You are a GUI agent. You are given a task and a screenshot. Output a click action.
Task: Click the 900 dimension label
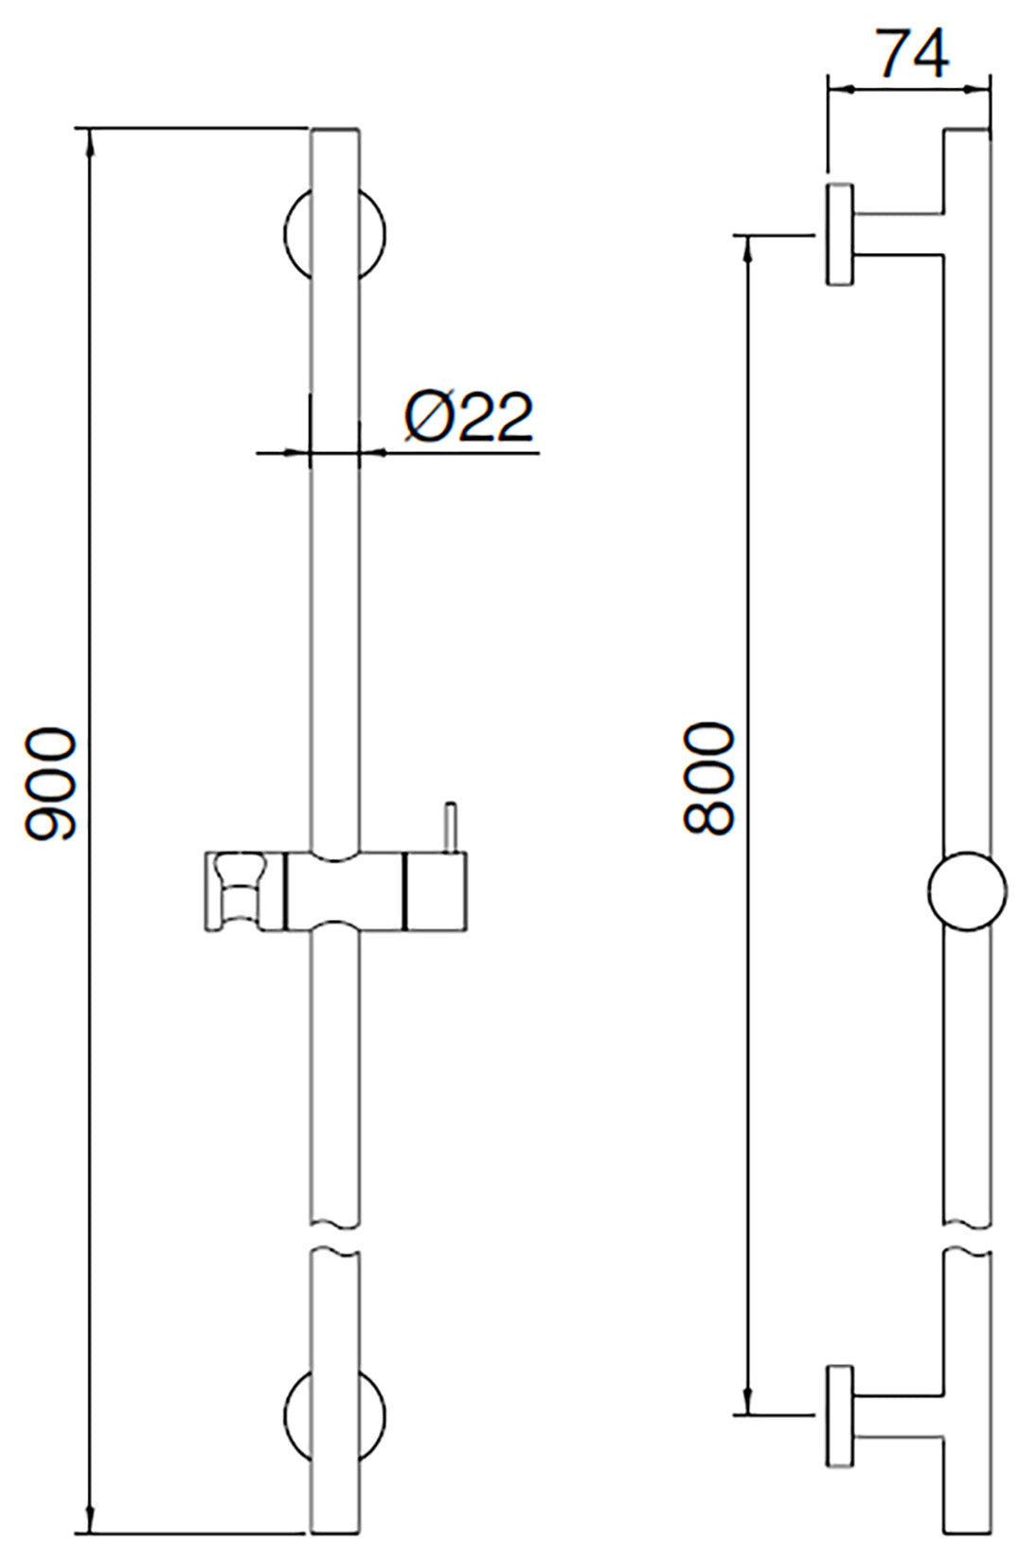coord(49,784)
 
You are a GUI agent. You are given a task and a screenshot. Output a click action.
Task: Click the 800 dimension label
coord(709,779)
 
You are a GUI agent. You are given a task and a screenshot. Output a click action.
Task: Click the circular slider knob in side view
coord(967,891)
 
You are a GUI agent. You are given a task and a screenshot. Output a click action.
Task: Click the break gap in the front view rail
coord(335,1236)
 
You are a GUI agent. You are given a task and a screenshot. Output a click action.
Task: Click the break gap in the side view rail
coord(967,1236)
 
